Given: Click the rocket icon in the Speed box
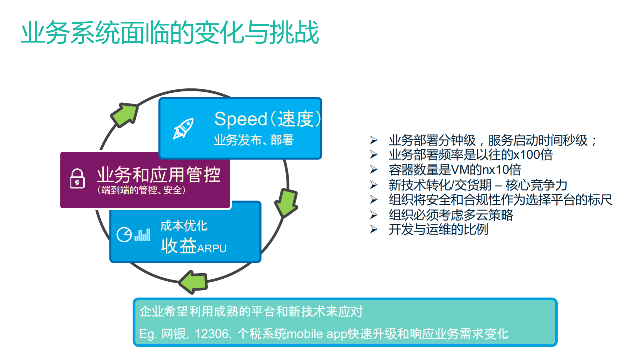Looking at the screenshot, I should click(x=183, y=128).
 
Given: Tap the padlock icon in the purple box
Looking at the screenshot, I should click(x=77, y=178).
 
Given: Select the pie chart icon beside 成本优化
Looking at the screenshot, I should click(x=124, y=235).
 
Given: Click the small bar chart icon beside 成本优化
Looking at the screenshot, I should click(x=142, y=235).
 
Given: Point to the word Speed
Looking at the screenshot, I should click(x=240, y=119).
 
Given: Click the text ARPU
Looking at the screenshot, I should click(x=212, y=249).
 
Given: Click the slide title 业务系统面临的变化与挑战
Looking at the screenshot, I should click(x=170, y=32).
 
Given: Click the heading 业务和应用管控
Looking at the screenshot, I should click(x=158, y=174).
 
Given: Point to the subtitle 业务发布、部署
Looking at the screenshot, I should click(x=254, y=140).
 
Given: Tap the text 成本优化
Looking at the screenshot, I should click(x=184, y=226).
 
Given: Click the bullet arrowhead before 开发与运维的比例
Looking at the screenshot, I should click(x=374, y=230).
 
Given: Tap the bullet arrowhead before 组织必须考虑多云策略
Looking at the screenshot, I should click(x=374, y=215).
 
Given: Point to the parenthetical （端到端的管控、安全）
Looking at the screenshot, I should click(x=141, y=190).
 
